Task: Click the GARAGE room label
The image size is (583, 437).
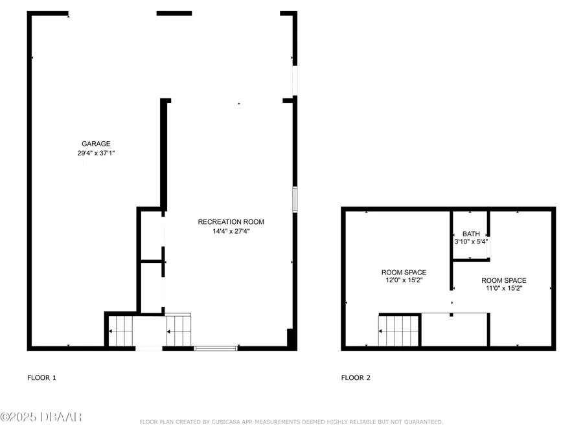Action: [96, 144]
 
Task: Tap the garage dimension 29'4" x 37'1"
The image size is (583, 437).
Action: [96, 153]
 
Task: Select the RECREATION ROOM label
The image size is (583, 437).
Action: [231, 222]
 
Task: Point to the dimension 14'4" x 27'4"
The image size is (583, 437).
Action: [231, 231]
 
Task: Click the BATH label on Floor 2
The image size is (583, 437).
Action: [470, 234]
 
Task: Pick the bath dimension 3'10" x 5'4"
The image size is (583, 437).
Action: [471, 242]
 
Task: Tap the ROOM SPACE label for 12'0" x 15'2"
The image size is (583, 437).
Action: [404, 273]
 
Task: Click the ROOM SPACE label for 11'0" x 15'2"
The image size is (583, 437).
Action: [504, 280]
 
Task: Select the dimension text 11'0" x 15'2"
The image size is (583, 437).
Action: [504, 289]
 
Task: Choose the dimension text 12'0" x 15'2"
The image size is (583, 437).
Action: [404, 281]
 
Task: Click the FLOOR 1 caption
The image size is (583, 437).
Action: [41, 377]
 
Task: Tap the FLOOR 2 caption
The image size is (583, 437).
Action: [356, 377]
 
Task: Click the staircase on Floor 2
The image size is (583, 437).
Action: [399, 330]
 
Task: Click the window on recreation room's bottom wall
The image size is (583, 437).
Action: [216, 348]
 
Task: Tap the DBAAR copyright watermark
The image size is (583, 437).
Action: [41, 417]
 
